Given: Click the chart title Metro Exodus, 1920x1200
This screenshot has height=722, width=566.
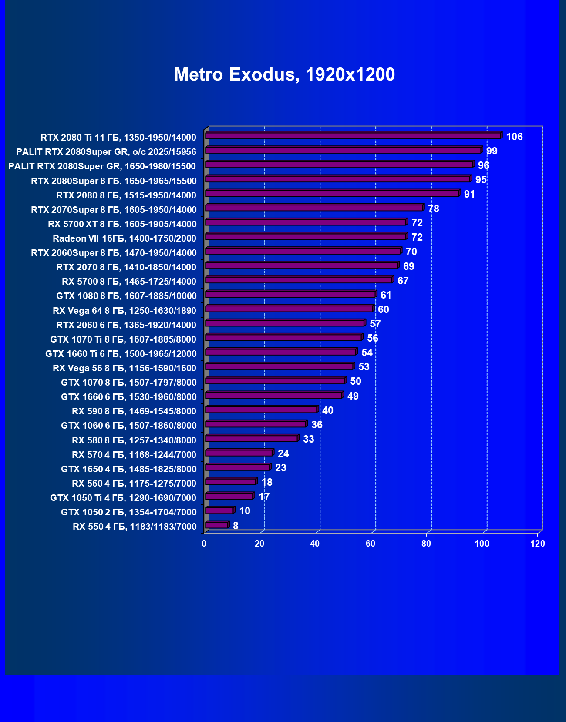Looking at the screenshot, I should (284, 74).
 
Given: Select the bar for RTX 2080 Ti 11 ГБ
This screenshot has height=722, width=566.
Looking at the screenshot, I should (353, 136).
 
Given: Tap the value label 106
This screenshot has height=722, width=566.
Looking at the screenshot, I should (514, 137).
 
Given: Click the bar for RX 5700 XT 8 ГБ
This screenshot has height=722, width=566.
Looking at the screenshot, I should (305, 222).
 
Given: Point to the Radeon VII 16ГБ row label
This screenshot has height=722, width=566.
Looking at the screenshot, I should (125, 238).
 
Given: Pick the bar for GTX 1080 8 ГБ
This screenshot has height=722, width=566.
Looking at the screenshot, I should (290, 295).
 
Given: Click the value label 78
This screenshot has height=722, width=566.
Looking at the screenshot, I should (433, 208).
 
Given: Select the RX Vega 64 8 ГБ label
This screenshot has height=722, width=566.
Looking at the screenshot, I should (125, 311).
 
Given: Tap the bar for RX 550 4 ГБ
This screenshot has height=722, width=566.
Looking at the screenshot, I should (216, 525).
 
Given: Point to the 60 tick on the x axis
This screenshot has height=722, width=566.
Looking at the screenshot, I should (371, 544).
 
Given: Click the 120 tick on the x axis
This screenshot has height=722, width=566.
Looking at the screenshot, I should (538, 544).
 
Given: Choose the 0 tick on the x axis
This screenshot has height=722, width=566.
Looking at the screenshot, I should (204, 544).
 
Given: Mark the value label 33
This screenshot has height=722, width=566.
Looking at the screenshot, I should (308, 439).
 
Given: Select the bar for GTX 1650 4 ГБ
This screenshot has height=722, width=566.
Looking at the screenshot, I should (237, 467).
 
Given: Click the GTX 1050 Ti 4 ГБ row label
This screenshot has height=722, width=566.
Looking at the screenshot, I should (123, 498).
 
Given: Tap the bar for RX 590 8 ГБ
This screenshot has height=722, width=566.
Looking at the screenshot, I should (261, 410).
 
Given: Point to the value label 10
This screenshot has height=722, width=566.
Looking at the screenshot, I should (245, 511).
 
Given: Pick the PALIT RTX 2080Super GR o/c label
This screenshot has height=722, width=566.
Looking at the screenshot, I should (106, 152).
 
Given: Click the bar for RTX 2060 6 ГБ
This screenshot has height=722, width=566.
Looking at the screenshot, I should (284, 323).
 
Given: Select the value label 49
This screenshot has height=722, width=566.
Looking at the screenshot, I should (353, 396).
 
